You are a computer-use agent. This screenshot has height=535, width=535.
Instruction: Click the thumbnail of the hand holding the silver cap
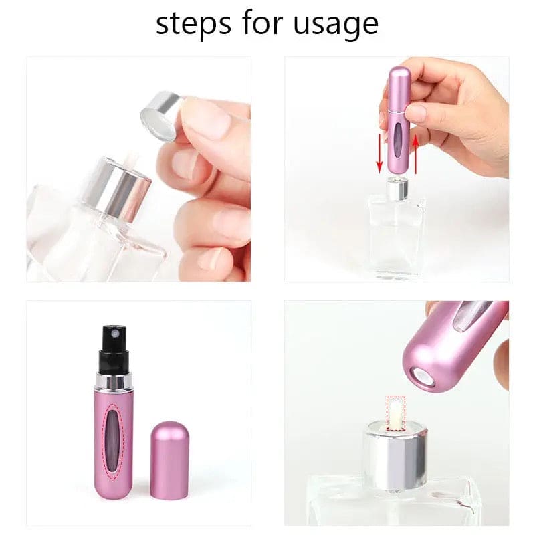click(x=139, y=169)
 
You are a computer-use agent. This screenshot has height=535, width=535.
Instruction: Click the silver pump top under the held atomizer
click(x=397, y=189)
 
